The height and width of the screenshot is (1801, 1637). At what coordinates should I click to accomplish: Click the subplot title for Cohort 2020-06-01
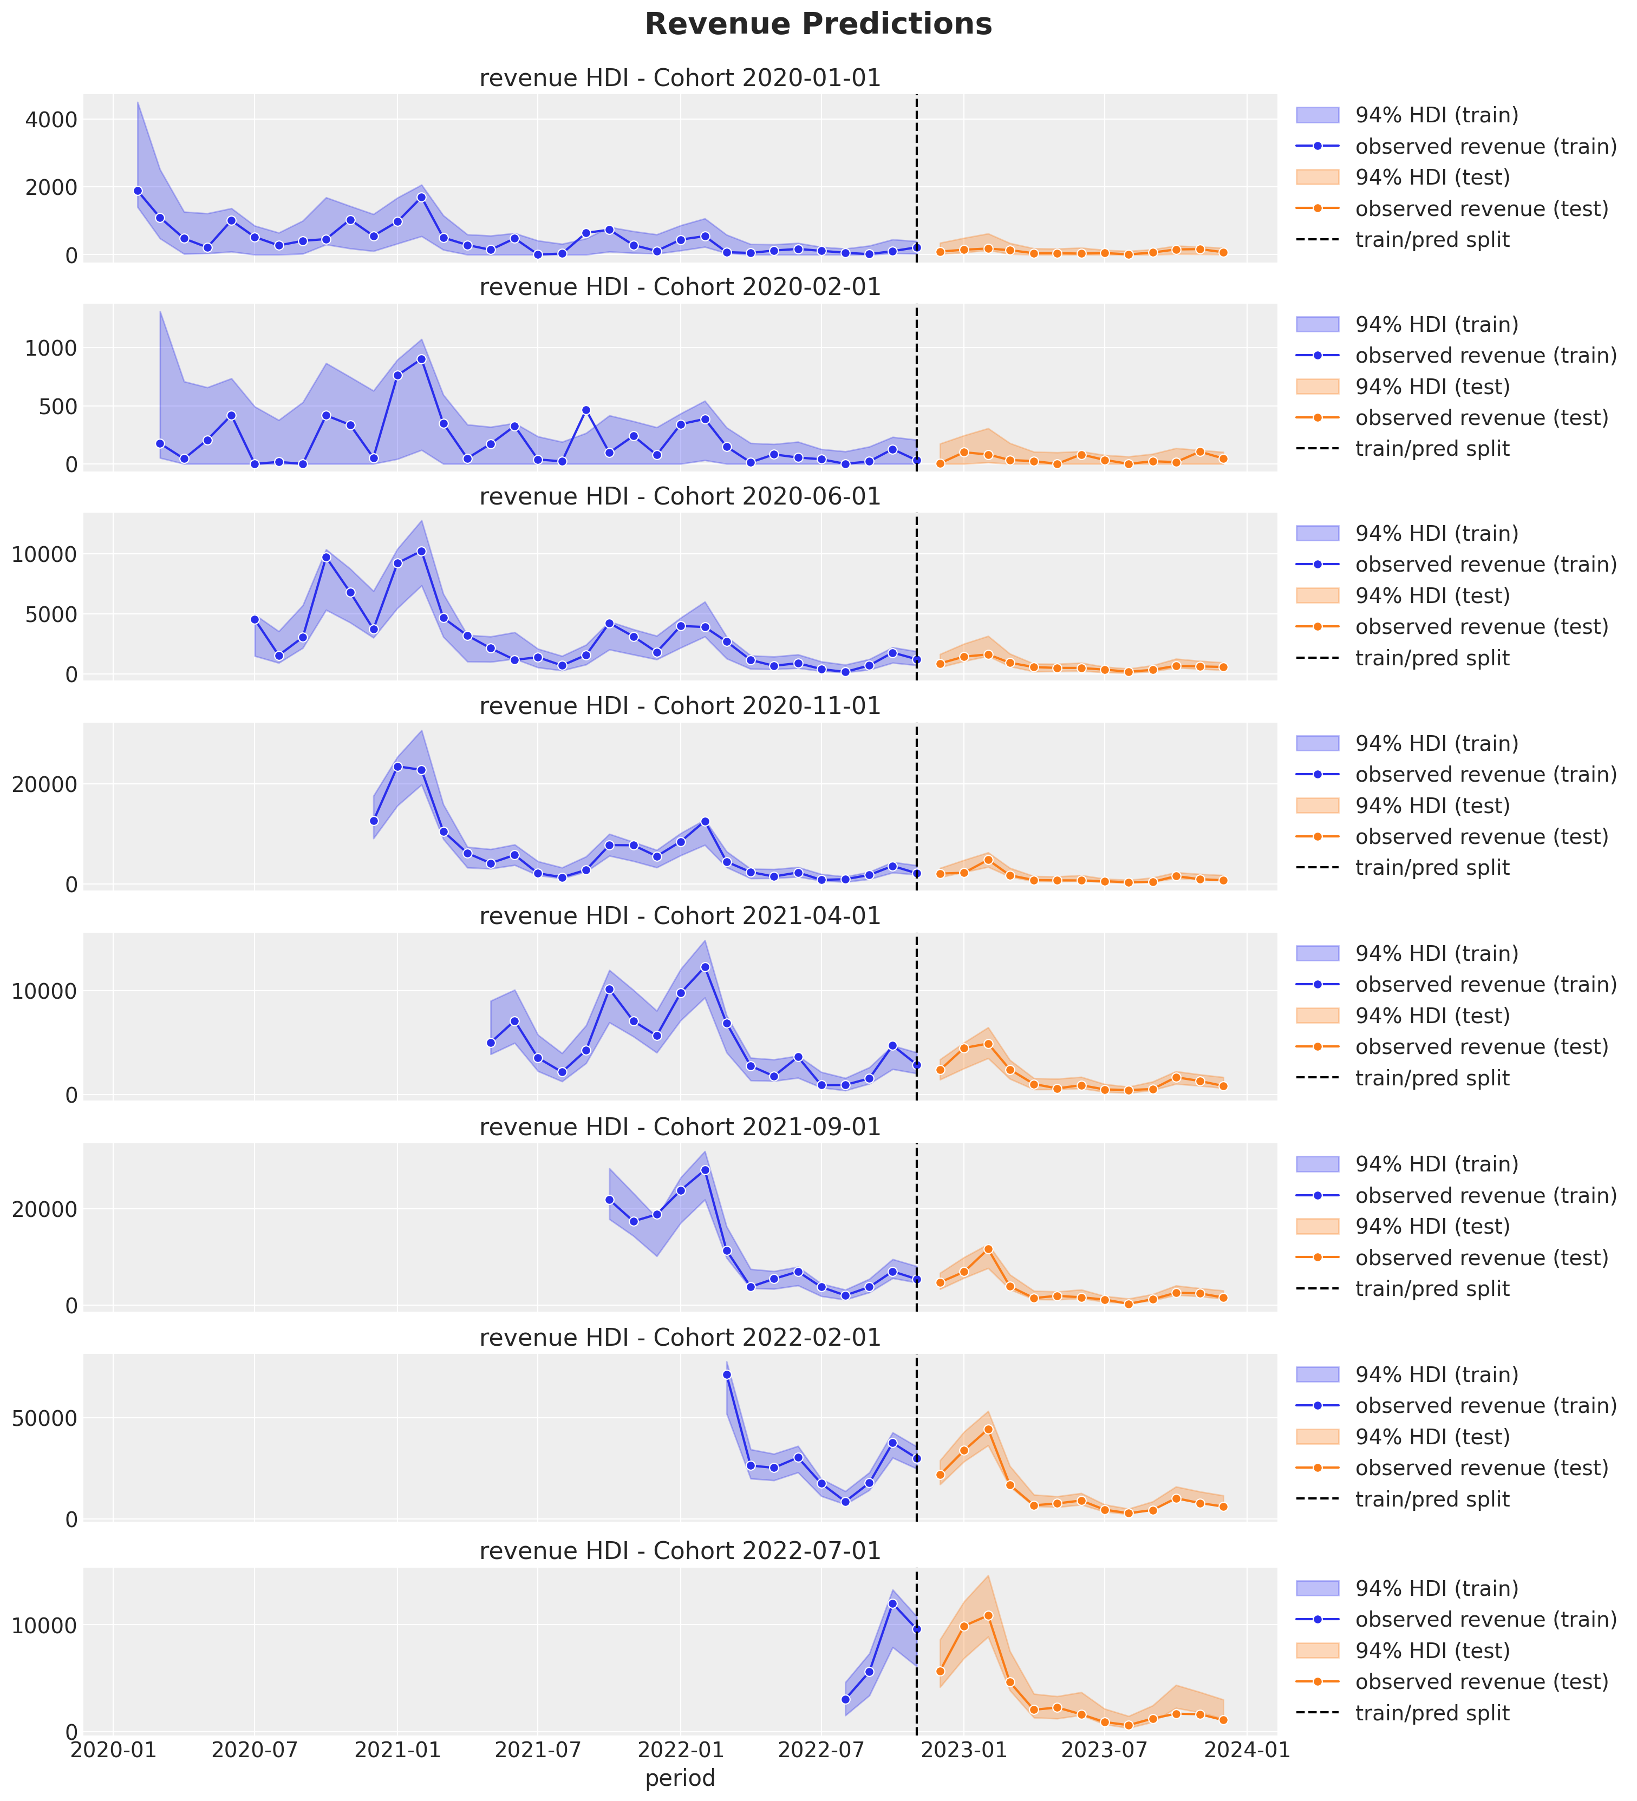680,497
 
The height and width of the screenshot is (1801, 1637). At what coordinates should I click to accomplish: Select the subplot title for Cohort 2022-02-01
680,1337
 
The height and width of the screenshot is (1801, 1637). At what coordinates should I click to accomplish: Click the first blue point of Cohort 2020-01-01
138,191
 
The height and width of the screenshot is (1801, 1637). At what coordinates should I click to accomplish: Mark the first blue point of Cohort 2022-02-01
727,1375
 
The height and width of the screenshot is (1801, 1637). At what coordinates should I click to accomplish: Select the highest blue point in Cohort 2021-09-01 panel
705,1169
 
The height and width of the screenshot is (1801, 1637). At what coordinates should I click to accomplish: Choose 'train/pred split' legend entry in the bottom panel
1431,1713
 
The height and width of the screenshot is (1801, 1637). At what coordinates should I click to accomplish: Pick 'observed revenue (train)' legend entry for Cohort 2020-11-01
1485,775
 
